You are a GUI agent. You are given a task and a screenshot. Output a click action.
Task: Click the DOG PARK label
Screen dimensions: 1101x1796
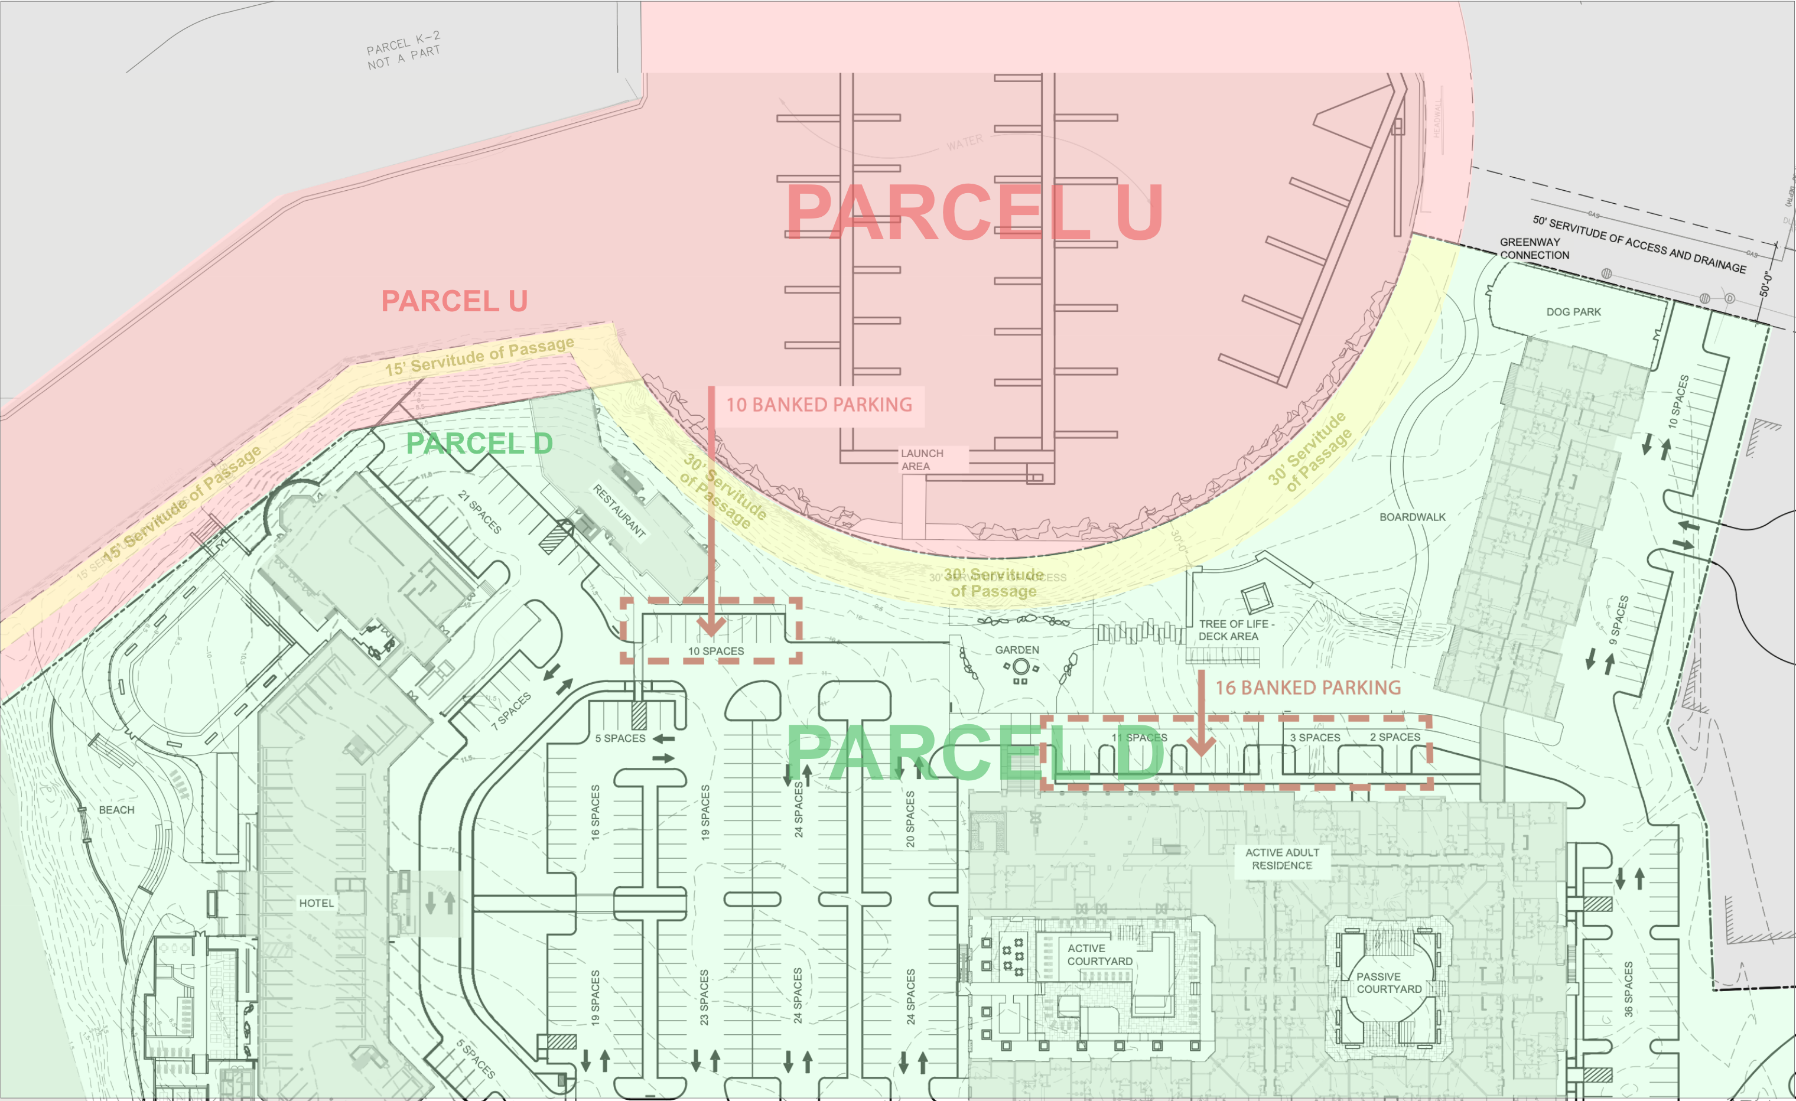[1573, 312]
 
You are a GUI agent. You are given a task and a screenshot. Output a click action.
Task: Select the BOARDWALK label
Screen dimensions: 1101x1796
[1412, 517]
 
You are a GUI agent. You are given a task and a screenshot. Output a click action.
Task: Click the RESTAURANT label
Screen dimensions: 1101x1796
[619, 511]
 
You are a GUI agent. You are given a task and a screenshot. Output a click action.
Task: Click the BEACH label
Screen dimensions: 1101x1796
[116, 810]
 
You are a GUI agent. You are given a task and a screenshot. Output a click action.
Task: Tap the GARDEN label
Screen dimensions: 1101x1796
[1017, 650]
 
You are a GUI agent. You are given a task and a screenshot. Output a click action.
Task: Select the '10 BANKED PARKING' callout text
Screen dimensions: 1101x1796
[819, 405]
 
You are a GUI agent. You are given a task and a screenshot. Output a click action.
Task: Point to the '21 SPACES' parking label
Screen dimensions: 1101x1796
[479, 512]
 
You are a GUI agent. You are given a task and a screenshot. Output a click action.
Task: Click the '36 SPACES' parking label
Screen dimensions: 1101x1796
[1628, 989]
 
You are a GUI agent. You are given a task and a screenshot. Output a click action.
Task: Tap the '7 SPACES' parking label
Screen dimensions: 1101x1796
[511, 711]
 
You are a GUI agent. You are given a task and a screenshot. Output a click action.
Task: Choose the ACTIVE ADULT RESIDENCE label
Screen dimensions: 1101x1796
[1281, 859]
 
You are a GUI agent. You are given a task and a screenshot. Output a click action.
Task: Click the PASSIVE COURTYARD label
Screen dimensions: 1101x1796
[1388, 983]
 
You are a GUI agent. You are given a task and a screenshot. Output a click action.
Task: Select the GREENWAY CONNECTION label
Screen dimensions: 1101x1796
[1534, 249]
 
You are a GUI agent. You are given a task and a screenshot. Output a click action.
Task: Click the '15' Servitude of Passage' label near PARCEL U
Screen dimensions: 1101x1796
[480, 356]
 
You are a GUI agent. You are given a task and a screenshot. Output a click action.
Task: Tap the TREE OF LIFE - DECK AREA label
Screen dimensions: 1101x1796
[1236, 630]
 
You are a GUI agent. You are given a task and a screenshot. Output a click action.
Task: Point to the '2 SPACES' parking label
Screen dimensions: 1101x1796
[1394, 737]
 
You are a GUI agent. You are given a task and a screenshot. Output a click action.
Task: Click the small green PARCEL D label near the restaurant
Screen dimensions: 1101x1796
[479, 444]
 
